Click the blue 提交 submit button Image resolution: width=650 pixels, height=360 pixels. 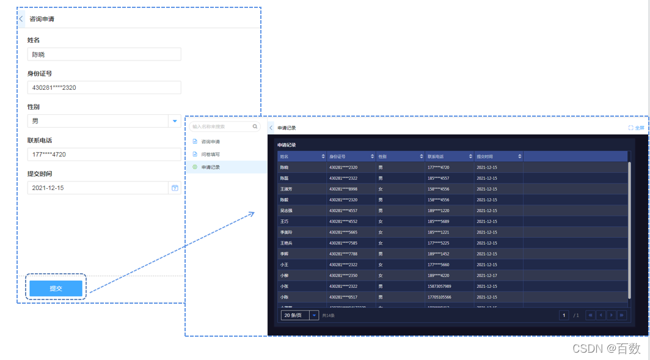pyautogui.click(x=56, y=288)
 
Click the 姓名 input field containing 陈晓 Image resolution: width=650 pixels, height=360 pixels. pyautogui.click(x=104, y=54)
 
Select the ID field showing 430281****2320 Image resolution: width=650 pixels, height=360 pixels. pyautogui.click(x=104, y=87)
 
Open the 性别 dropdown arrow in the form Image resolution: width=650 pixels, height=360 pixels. pyautogui.click(x=175, y=121)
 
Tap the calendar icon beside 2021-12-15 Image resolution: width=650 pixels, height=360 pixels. pyautogui.click(x=175, y=188)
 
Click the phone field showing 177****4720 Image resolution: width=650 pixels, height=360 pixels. pyautogui.click(x=104, y=154)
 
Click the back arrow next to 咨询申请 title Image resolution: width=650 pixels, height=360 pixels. pyautogui.click(x=21, y=19)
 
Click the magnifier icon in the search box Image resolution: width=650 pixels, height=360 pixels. pyautogui.click(x=255, y=127)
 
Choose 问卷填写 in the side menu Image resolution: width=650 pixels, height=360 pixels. pyautogui.click(x=211, y=155)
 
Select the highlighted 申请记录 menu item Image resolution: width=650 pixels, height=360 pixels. pyautogui.click(x=211, y=167)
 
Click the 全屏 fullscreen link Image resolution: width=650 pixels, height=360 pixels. pyautogui.click(x=636, y=128)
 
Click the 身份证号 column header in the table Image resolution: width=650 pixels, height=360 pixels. pyautogui.click(x=337, y=156)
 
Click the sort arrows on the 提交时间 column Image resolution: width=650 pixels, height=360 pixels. pyautogui.click(x=520, y=156)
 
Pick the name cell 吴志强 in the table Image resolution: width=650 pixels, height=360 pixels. pyautogui.click(x=287, y=211)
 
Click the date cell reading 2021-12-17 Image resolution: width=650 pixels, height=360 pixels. pyautogui.click(x=487, y=276)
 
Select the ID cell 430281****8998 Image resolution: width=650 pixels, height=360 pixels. pyautogui.click(x=343, y=189)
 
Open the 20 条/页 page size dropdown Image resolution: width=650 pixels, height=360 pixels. pyautogui.click(x=299, y=315)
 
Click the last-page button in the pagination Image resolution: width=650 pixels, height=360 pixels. pyautogui.click(x=622, y=315)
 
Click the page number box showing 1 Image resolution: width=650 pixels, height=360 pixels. pyautogui.click(x=564, y=315)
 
